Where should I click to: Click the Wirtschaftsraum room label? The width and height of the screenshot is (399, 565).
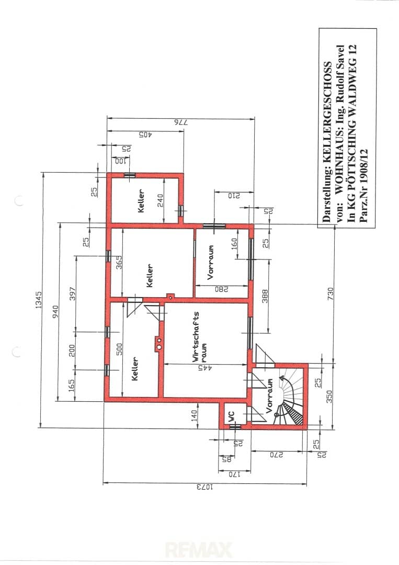200,336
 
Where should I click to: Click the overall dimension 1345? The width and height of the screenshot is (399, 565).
39,300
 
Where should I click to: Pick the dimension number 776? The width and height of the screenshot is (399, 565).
181,122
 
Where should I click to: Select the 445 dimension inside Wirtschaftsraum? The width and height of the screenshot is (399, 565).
206,368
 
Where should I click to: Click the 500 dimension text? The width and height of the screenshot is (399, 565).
119,349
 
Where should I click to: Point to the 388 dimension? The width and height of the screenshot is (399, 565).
265,296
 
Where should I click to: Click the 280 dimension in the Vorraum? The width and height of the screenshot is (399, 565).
222,289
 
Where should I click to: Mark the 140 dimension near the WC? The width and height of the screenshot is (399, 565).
195,416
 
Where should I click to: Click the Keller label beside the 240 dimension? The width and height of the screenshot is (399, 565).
141,201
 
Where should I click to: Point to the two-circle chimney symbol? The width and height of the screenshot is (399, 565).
159,343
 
